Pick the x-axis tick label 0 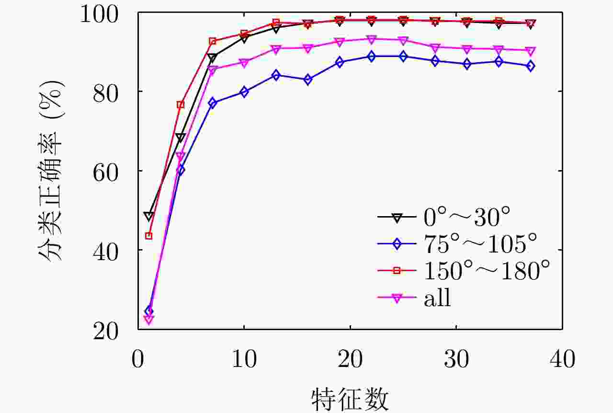tap(138, 358)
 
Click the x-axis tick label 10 tap(244, 358)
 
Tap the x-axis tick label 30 tap(456, 358)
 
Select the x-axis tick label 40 tap(562, 358)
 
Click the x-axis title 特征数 tap(350, 399)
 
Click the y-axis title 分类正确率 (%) tap(52, 171)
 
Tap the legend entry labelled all tap(437, 298)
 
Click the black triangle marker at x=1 tap(148, 217)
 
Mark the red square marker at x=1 tap(148, 236)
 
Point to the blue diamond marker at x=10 tap(244, 92)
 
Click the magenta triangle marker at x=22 tap(371, 39)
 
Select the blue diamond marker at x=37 tap(530, 66)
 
